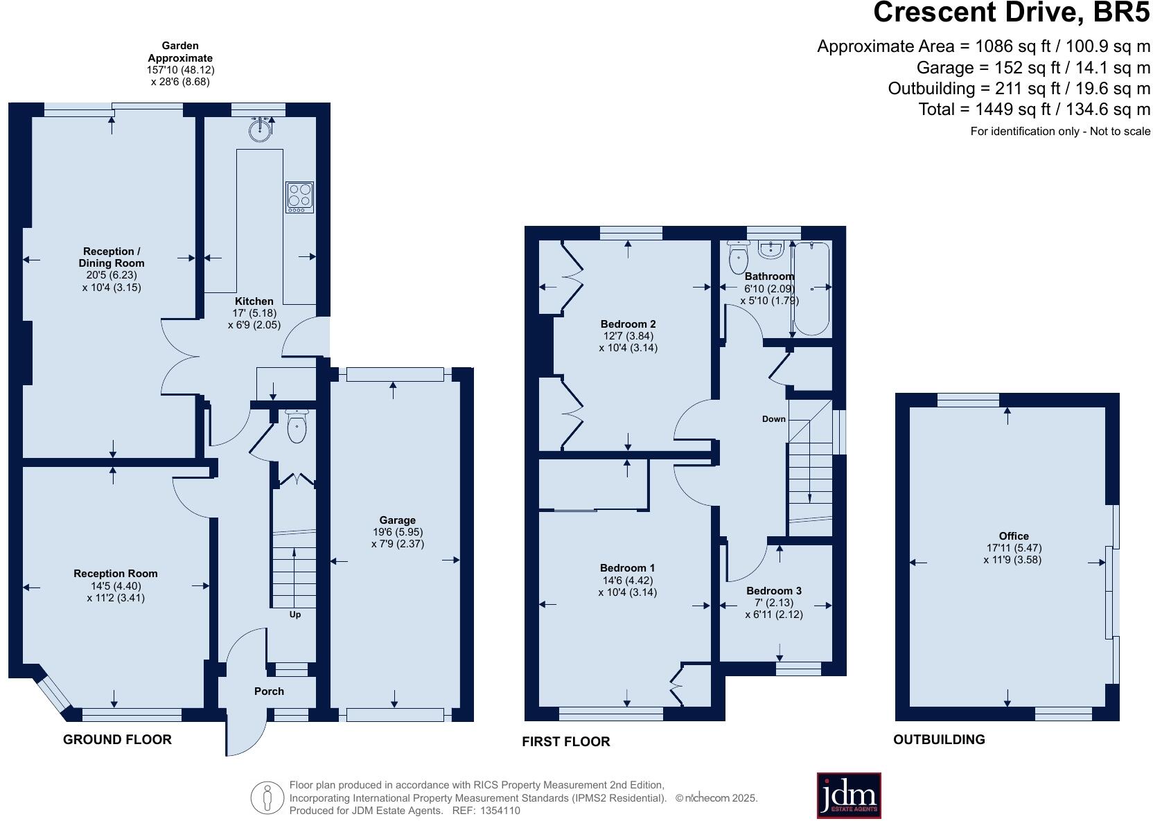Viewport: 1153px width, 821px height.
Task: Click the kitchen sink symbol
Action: (x=261, y=130)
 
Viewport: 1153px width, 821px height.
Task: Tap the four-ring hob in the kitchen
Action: (x=299, y=197)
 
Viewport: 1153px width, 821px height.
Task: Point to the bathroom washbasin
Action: (x=771, y=249)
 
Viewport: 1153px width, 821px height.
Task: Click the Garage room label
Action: (x=397, y=520)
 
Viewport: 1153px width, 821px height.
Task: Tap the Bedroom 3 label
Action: (x=774, y=591)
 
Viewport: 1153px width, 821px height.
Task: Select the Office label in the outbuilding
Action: (x=1013, y=536)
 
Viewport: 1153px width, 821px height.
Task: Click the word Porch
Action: (x=269, y=691)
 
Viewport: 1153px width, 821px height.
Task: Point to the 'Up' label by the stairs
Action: (x=295, y=615)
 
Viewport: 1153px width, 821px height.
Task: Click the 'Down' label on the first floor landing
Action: (x=774, y=419)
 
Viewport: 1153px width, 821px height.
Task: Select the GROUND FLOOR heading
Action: (x=117, y=739)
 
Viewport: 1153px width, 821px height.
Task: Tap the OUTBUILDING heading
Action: (x=939, y=739)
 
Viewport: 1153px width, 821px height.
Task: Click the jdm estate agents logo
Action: (x=849, y=795)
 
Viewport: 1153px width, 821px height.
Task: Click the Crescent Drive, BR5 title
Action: (x=1011, y=13)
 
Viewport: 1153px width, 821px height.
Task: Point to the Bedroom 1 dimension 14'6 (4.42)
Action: (x=627, y=581)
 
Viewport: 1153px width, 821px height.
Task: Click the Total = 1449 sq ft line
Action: (x=1034, y=109)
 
